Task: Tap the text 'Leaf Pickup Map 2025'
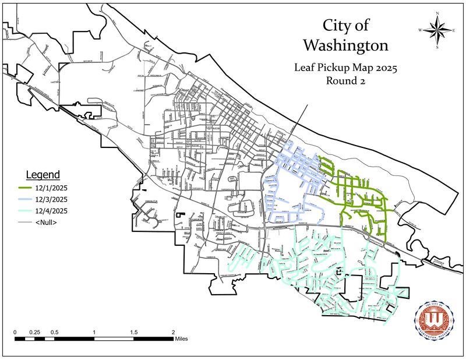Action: click(347, 68)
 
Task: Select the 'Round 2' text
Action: click(346, 82)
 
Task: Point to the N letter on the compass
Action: click(436, 13)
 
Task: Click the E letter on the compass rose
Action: click(454, 30)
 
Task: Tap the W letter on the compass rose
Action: click(419, 30)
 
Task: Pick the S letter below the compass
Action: click(437, 48)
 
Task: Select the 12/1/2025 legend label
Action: click(52, 188)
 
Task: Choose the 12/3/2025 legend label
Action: click(52, 199)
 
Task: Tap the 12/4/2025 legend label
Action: click(52, 211)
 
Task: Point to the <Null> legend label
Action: click(49, 223)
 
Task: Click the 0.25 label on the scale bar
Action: click(35, 332)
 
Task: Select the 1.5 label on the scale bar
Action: click(134, 332)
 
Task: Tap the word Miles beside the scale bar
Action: click(181, 338)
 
